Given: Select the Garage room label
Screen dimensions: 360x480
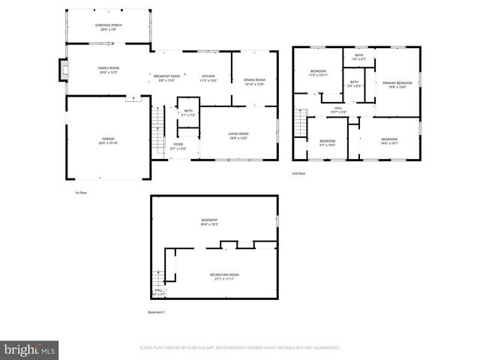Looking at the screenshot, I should (x=109, y=140).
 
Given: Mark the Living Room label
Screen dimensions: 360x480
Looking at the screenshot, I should (x=238, y=135).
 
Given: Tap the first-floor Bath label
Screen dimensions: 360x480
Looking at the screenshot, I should (x=188, y=112).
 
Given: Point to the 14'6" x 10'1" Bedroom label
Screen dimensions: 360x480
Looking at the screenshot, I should (x=388, y=141).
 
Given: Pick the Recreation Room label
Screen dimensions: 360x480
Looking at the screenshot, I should (x=224, y=277).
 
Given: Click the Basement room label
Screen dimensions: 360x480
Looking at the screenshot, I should (x=209, y=221).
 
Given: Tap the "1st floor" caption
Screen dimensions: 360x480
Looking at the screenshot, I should (x=82, y=193).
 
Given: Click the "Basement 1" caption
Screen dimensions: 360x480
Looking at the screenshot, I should (x=156, y=312).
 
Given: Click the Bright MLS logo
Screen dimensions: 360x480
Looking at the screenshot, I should (x=30, y=349).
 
